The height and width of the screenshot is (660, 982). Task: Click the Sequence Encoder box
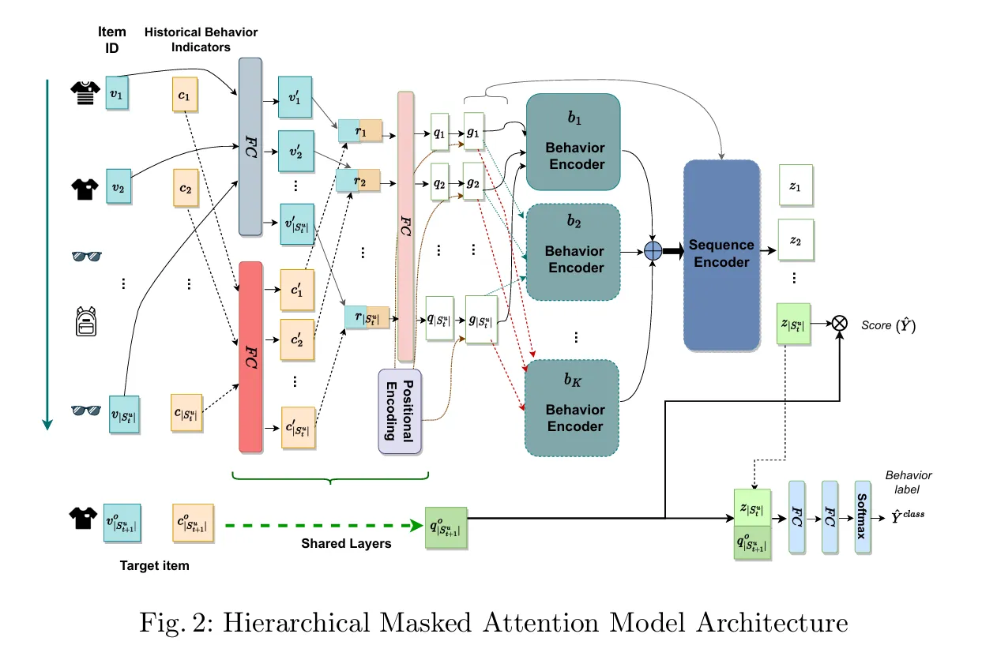[x=721, y=254]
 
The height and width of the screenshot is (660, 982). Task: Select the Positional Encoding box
[x=401, y=411]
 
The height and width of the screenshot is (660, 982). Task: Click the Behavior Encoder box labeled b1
[x=574, y=141]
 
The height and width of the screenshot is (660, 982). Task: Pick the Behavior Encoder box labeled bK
[x=574, y=407]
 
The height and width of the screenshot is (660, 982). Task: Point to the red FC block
[x=250, y=357]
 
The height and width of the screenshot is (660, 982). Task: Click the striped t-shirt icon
[x=83, y=93]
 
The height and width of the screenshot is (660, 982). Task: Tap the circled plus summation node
[x=653, y=251]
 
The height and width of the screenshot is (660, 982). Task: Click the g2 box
[x=473, y=182]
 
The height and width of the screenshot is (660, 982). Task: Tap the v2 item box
[x=119, y=188]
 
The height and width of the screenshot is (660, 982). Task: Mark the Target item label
[x=154, y=566]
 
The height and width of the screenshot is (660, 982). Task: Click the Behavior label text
[x=908, y=482]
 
